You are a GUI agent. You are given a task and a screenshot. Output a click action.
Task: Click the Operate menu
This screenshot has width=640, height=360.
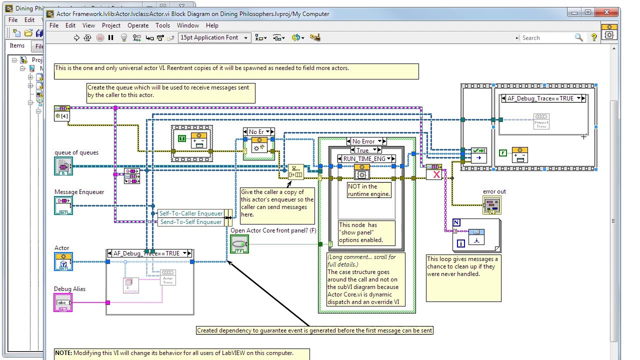tap(138, 25)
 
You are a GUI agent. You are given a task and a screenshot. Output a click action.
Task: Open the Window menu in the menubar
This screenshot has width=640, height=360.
tap(187, 25)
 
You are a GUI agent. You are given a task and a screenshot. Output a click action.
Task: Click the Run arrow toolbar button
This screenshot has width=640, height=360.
tap(76, 37)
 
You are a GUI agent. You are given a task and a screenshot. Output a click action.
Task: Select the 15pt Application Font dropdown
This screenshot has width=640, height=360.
tap(214, 37)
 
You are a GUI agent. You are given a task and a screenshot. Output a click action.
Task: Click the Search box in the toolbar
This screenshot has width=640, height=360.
tap(547, 37)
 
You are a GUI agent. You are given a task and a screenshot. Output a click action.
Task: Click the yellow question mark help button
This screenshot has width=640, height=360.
tap(594, 37)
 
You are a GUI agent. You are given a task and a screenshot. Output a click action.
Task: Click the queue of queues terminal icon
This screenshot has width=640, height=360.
tap(63, 166)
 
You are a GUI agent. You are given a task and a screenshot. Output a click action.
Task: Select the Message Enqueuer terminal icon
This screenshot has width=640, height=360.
tap(63, 205)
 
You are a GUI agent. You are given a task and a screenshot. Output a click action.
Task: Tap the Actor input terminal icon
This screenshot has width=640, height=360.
tap(63, 261)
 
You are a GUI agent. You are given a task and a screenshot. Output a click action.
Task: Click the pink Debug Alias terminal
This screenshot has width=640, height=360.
tap(63, 302)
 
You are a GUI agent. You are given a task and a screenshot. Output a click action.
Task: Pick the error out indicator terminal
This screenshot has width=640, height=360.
tap(492, 204)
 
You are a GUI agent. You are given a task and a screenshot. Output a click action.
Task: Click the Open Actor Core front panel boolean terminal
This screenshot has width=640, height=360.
tap(239, 244)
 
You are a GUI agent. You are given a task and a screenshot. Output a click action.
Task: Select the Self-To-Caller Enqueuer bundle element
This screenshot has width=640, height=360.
tap(191, 213)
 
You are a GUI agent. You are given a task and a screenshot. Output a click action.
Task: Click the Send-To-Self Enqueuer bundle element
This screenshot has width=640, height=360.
tap(191, 222)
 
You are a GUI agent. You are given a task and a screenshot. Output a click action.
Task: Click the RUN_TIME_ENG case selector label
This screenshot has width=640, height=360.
tap(364, 159)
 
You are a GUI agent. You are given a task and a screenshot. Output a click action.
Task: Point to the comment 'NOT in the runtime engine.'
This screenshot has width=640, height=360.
tap(369, 190)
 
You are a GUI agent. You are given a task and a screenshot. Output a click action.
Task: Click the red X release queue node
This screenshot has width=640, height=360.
tap(436, 174)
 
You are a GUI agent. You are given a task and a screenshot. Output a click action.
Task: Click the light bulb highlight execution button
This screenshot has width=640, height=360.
tap(124, 37)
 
